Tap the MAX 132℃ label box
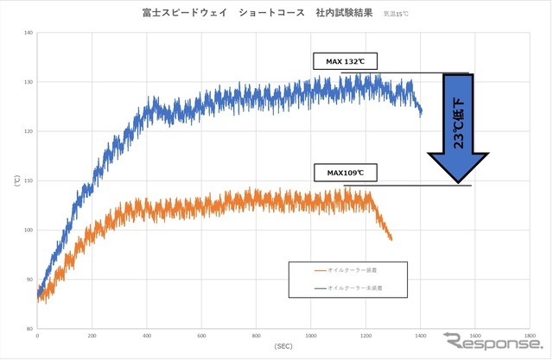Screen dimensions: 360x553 coord(346,62)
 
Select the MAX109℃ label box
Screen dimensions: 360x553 coord(346,172)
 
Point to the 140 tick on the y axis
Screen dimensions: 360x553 coord(28,33)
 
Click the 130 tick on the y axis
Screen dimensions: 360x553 coord(28,82)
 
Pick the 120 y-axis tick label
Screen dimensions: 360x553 coord(28,131)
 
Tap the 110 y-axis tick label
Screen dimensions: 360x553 coord(28,181)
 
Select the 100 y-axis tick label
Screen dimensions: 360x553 coord(28,231)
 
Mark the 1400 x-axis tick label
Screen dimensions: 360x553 coord(420,336)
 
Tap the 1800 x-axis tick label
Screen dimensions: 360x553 coord(529,336)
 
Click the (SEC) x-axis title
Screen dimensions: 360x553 coord(283,347)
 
